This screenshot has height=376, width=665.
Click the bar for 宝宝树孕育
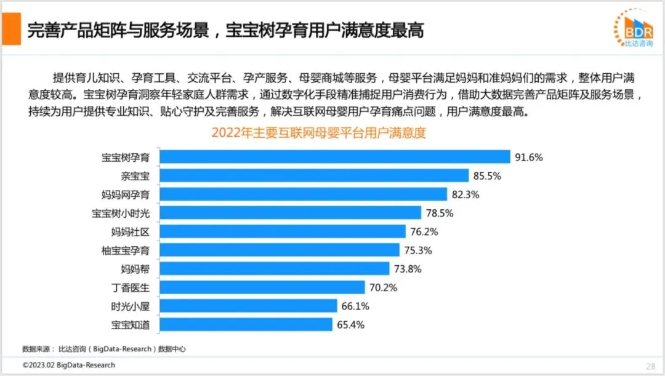click(x=334, y=157)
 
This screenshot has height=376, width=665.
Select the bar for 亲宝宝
click(x=314, y=175)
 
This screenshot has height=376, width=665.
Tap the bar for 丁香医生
click(x=262, y=287)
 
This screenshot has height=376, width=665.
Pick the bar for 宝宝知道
click(x=246, y=325)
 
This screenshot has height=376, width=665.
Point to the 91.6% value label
click(x=528, y=158)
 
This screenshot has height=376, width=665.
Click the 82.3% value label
click(x=465, y=194)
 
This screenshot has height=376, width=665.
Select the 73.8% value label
click(x=408, y=269)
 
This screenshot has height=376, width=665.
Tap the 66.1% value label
click(x=355, y=306)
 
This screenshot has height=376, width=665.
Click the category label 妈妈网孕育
click(x=126, y=194)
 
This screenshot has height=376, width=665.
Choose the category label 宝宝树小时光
click(x=121, y=213)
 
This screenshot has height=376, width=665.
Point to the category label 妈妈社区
click(x=130, y=232)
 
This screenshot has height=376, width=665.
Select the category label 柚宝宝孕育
click(x=126, y=250)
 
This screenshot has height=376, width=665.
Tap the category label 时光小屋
click(x=130, y=306)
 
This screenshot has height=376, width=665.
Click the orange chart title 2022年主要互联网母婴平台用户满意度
click(x=318, y=133)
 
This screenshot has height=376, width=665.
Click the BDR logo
click(x=634, y=28)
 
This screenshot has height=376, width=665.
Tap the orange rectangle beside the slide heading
click(x=12, y=29)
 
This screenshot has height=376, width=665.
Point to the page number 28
click(x=651, y=366)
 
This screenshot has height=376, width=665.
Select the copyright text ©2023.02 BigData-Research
click(x=69, y=365)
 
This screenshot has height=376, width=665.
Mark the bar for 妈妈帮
click(x=275, y=269)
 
